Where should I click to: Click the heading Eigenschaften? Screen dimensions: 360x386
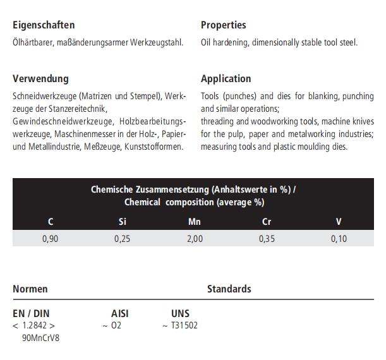44,25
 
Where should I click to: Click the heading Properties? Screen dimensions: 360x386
224,25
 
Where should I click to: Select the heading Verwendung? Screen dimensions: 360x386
40,79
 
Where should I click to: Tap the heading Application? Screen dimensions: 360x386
226,79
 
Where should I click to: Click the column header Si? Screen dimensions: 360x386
123,222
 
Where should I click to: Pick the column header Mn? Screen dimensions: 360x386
195,222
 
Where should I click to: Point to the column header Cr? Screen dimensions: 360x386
267,222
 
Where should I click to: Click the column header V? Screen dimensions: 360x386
339,222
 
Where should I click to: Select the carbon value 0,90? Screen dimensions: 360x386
50,239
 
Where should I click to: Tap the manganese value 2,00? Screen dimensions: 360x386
195,239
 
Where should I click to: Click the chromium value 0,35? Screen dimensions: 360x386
267,239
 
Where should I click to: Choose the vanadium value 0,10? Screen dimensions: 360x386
339,239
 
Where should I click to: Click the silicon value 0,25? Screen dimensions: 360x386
123,239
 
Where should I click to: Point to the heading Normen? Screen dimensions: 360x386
30,289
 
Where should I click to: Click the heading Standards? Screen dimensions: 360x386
229,289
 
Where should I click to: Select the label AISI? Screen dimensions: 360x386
120,313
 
